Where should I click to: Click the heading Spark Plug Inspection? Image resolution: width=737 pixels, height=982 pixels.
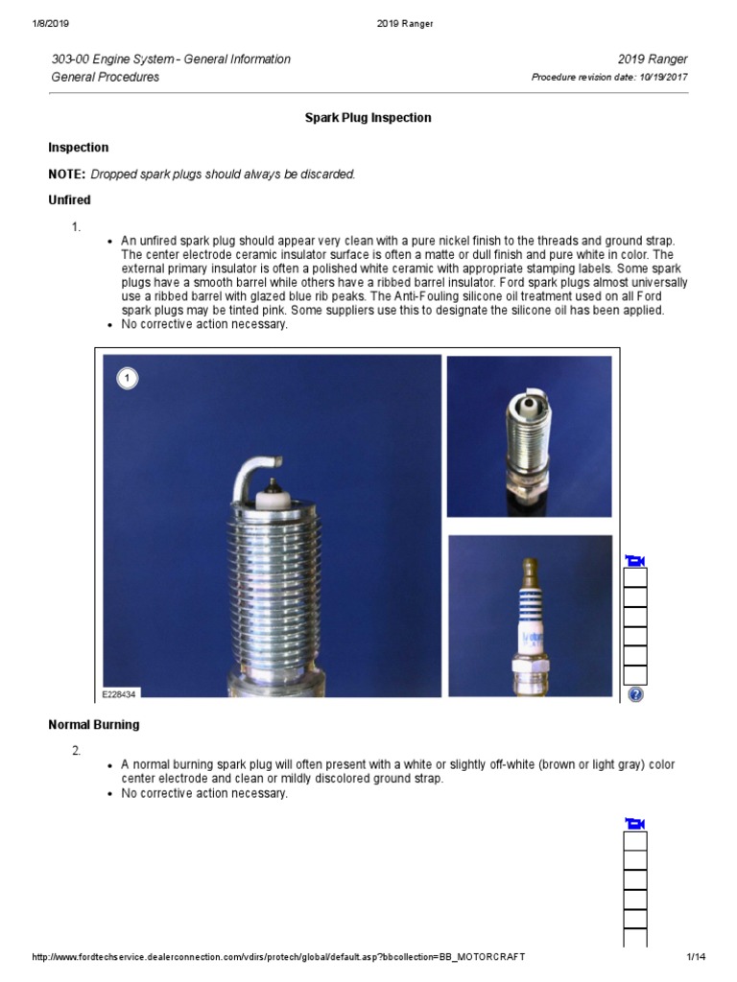coord(368,118)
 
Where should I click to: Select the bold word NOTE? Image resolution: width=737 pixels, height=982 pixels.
coord(66,174)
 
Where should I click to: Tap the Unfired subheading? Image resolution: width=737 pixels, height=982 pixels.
coord(69,199)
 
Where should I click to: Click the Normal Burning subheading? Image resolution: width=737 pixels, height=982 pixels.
coord(93,724)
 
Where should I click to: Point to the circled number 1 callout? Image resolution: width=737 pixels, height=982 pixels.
coord(128,379)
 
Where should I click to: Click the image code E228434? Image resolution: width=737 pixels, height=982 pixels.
coord(120,693)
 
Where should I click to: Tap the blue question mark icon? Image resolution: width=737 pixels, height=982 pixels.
coord(634,694)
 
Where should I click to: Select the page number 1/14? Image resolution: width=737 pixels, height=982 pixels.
coord(696,957)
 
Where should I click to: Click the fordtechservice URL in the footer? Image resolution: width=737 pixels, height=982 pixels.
coord(278,957)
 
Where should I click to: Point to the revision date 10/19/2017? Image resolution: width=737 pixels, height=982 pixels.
coord(663,78)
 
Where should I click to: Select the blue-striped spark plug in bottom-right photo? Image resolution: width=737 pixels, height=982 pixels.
coord(530,619)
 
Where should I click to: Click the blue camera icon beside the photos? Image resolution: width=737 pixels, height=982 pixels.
coord(634,560)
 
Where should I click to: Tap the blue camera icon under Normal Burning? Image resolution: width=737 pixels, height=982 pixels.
coord(634,824)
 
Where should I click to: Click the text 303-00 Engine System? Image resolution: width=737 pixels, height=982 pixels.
coord(115,59)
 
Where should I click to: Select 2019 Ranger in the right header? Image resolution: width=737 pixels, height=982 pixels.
coord(654,59)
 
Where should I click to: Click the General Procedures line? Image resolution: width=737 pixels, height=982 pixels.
coord(106,77)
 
